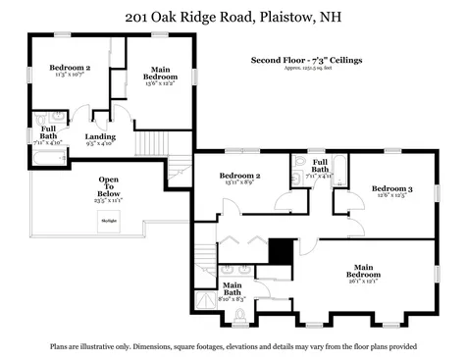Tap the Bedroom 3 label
(x=391, y=187)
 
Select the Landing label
(x=100, y=136)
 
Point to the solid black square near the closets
(x=282, y=251)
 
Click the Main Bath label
(x=232, y=289)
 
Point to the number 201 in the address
(x=139, y=17)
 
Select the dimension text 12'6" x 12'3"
(x=391, y=195)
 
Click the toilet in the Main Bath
(x=240, y=315)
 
